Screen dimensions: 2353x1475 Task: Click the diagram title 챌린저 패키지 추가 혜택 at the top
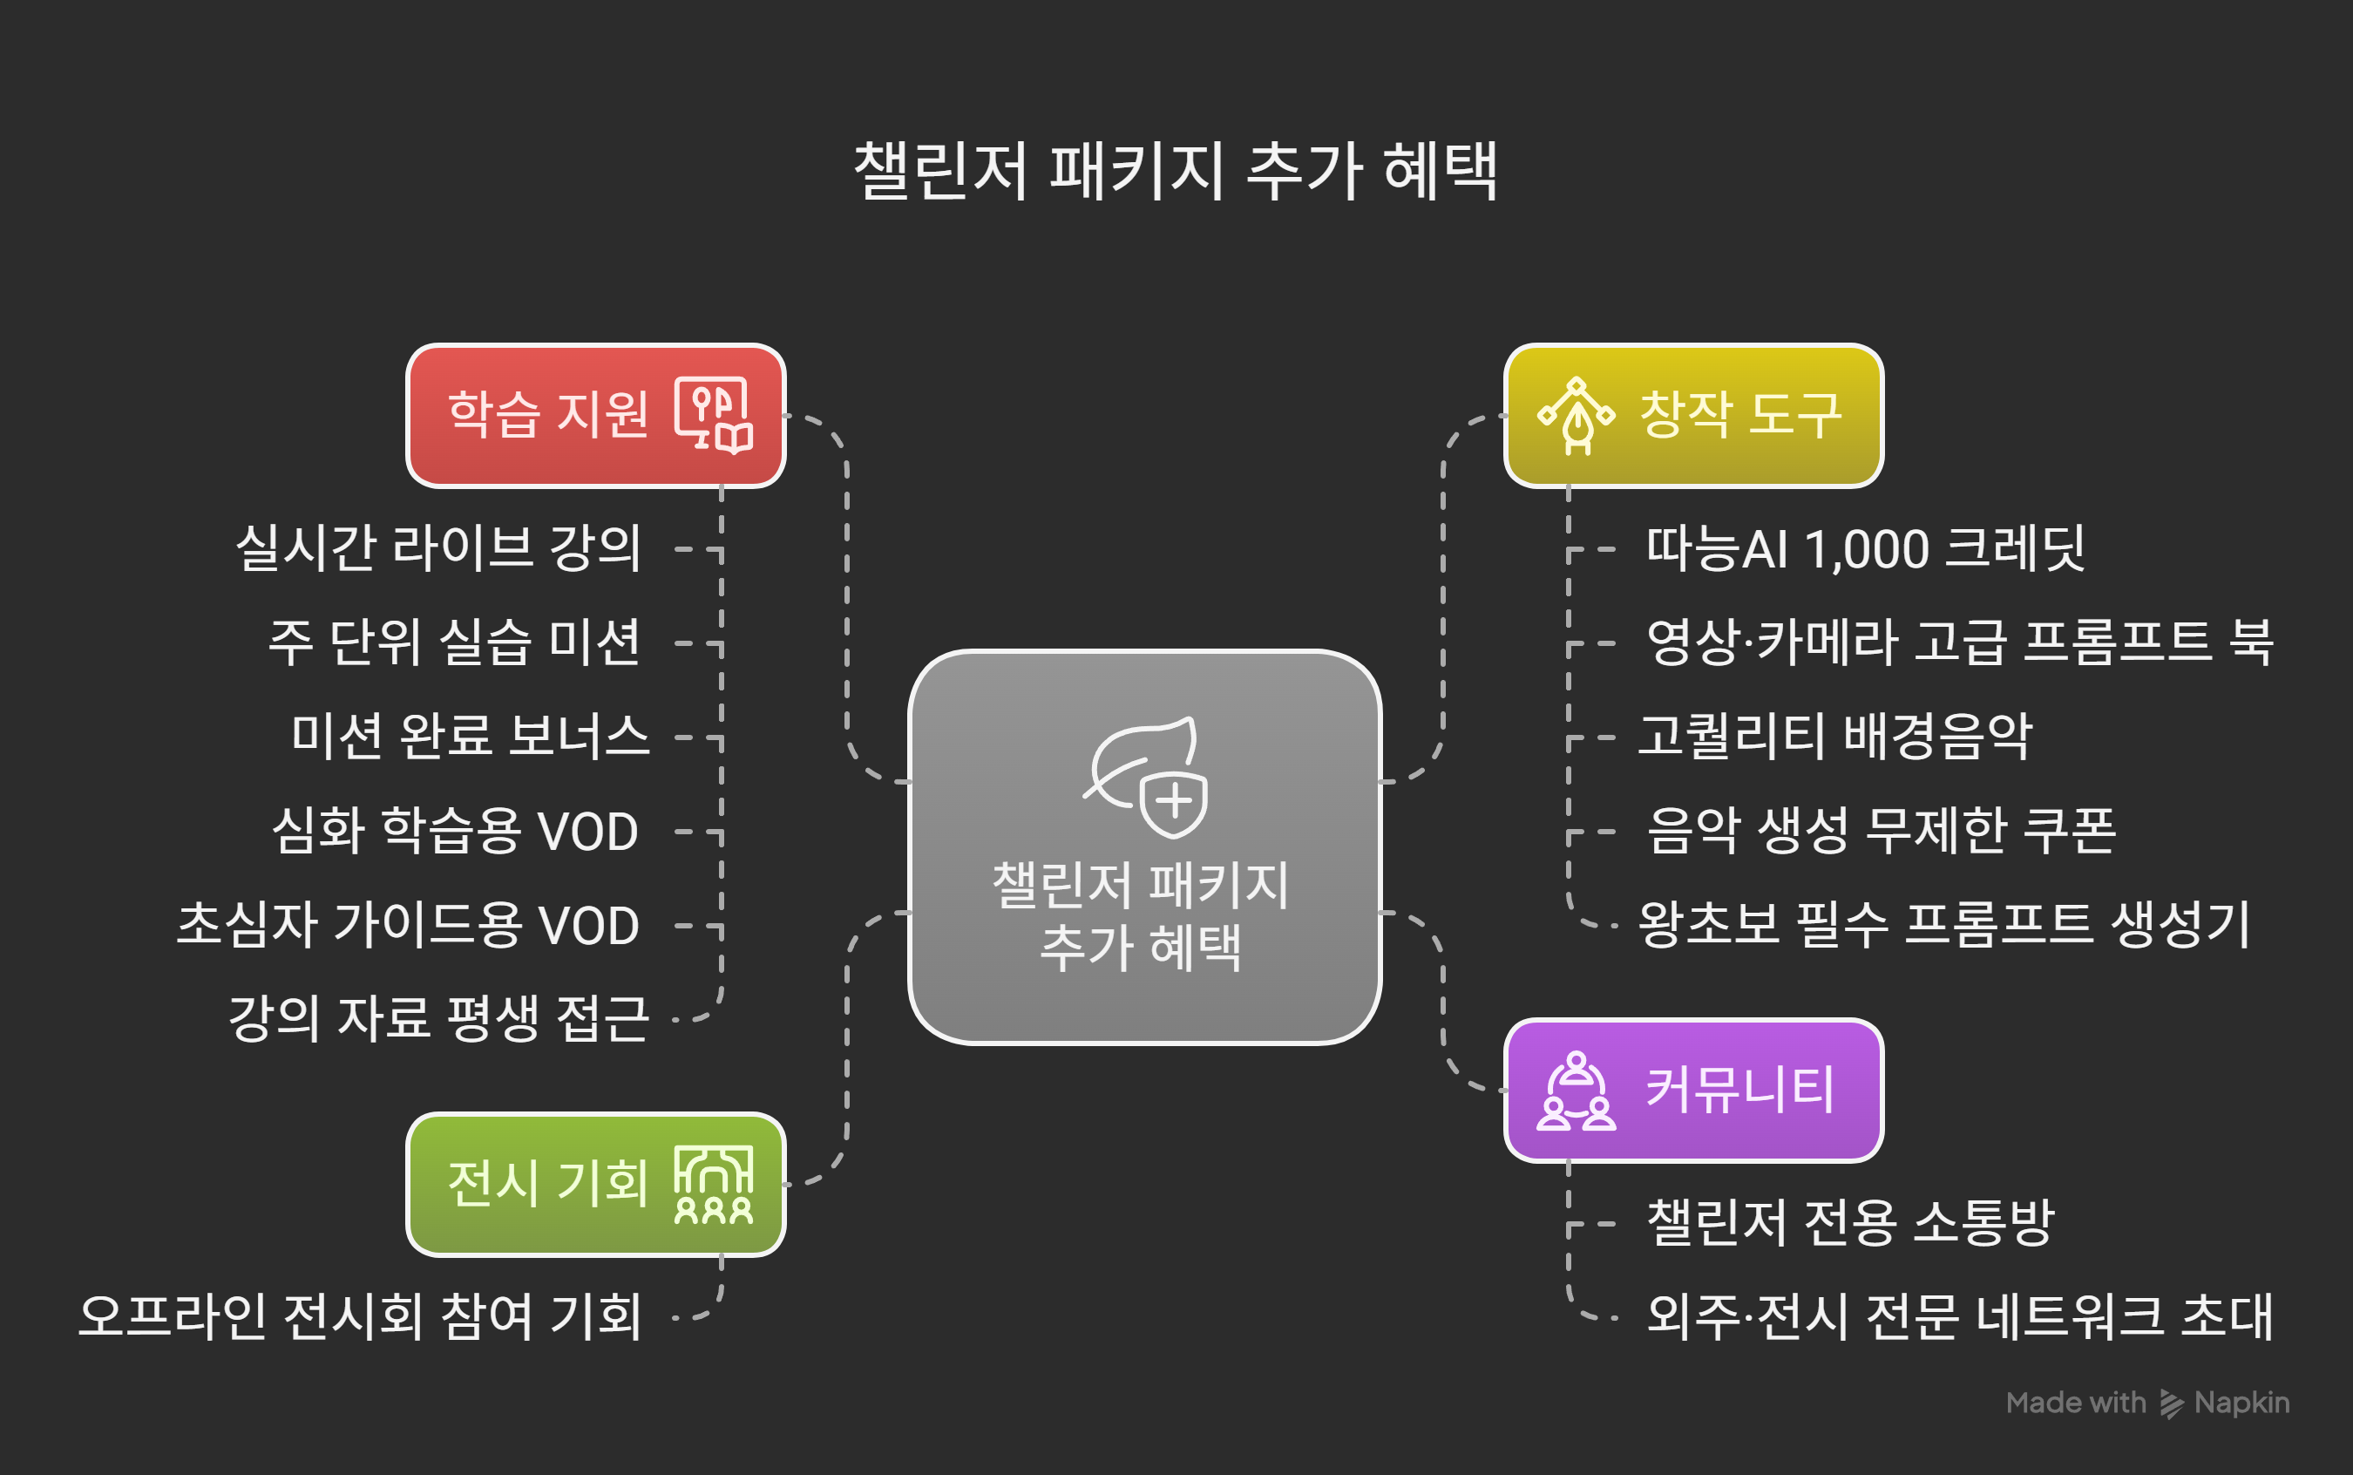pyautogui.click(x=1175, y=171)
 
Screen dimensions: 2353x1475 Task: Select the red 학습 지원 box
pyautogui.click(x=596, y=416)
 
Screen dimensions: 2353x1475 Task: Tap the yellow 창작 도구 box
pyautogui.click(x=1694, y=416)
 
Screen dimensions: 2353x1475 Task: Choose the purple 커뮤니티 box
pyautogui.click(x=1694, y=1090)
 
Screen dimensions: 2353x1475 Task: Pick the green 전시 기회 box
pyautogui.click(x=596, y=1185)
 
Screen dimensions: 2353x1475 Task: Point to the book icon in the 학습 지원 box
pyautogui.click(x=714, y=416)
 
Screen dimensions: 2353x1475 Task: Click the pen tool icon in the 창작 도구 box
pyautogui.click(x=1577, y=416)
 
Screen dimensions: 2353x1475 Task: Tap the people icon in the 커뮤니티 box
pyautogui.click(x=1577, y=1090)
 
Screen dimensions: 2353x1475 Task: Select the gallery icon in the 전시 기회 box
pyautogui.click(x=714, y=1185)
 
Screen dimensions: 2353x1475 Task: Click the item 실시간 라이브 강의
pyautogui.click(x=439, y=548)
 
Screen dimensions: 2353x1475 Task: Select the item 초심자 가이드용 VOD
pyautogui.click(x=408, y=925)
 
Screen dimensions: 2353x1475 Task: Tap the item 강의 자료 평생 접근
pyautogui.click(x=439, y=1018)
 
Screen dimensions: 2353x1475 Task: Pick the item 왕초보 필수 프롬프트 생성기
pyautogui.click(x=1944, y=925)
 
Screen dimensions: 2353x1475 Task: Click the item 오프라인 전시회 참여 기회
pyautogui.click(x=360, y=1317)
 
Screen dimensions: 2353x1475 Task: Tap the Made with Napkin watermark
pyautogui.click(x=2148, y=1403)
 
